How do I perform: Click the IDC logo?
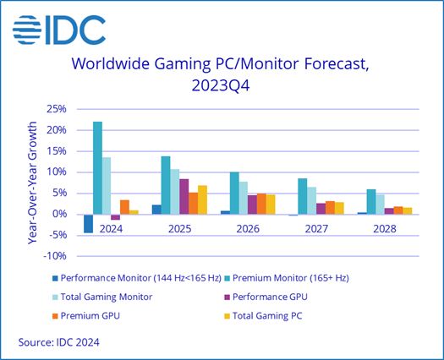tap(59, 30)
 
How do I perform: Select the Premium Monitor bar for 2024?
tap(98, 167)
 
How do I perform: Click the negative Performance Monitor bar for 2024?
tap(89, 223)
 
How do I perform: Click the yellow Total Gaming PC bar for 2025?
tap(202, 199)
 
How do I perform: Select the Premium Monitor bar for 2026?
tap(234, 193)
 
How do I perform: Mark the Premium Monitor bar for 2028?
tap(370, 201)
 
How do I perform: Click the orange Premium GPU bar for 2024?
tap(124, 206)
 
